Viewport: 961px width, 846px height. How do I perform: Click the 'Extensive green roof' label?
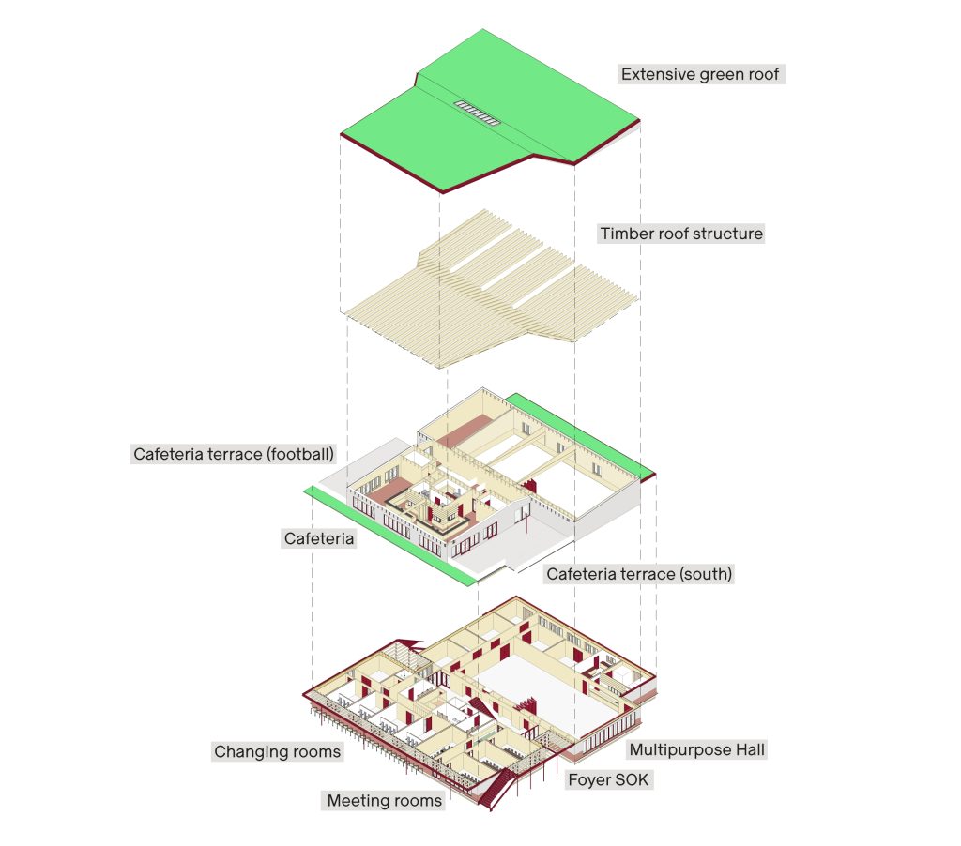(x=700, y=74)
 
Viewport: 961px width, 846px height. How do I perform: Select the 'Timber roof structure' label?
(x=681, y=234)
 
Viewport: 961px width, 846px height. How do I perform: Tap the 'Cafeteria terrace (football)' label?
(x=234, y=455)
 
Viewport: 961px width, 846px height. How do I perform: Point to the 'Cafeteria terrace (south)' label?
(x=638, y=574)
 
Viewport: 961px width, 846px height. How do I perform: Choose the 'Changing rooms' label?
(x=277, y=751)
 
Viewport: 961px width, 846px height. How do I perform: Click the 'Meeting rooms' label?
(x=384, y=801)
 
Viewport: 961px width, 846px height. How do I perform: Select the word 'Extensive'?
(x=658, y=74)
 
